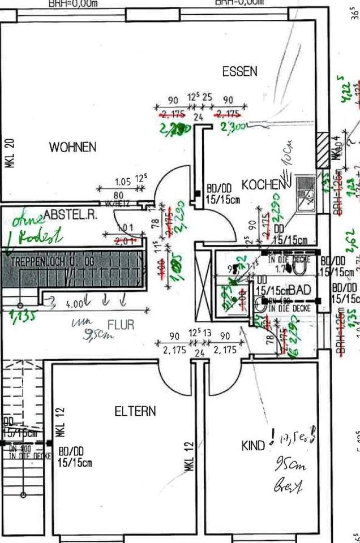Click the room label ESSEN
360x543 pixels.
239,72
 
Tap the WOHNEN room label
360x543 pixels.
72,147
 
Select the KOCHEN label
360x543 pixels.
262,185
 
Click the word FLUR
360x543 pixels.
121,326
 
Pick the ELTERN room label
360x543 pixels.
135,411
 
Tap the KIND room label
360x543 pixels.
253,445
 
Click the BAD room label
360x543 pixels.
300,290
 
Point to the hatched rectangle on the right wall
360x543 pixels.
322,150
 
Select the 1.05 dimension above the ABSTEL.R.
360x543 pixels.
122,182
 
